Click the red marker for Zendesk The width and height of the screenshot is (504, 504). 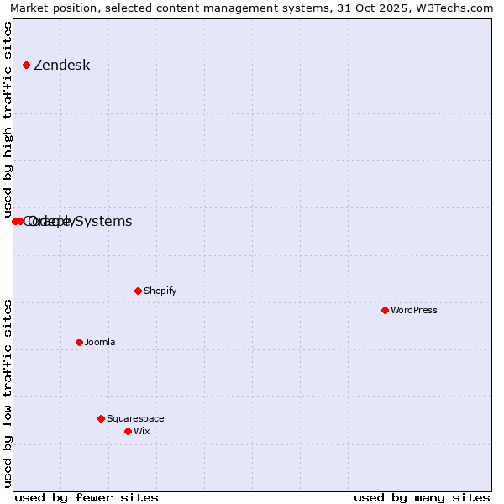26,65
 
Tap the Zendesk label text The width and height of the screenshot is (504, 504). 61,66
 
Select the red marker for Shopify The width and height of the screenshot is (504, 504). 138,291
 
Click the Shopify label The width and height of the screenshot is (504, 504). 160,291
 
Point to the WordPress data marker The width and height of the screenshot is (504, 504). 385,310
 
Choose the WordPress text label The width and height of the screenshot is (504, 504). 413,311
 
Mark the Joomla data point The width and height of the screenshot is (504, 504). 79,342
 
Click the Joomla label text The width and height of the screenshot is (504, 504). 99,343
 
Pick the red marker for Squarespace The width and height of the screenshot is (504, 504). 101,418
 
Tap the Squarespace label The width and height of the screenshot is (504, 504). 135,419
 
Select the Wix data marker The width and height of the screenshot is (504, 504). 128,431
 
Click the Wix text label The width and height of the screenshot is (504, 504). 141,432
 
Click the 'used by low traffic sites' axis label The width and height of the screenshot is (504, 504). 8,393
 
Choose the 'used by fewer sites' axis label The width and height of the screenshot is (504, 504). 87,497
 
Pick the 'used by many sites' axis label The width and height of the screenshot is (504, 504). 422,497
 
